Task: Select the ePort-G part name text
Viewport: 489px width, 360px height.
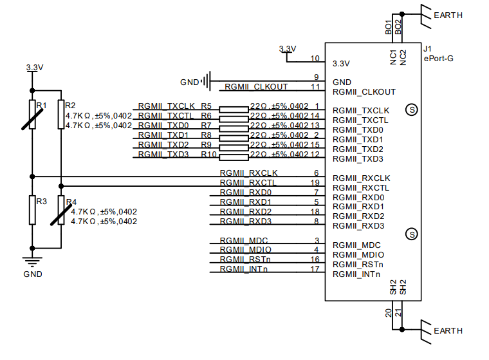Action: (438, 59)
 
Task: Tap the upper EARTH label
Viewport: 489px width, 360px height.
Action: (448, 15)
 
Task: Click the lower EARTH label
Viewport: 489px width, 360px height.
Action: (448, 330)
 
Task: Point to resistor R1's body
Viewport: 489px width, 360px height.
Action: (32, 115)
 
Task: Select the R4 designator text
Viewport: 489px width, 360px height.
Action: (71, 202)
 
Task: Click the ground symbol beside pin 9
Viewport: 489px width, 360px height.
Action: (205, 81)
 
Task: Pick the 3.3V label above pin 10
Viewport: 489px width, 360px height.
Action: (288, 49)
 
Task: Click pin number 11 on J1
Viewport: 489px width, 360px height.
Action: (315, 87)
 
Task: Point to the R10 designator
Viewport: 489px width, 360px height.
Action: (208, 155)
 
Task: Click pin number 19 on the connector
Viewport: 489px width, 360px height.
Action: (315, 183)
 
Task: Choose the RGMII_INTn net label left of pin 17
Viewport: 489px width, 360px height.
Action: (243, 269)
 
